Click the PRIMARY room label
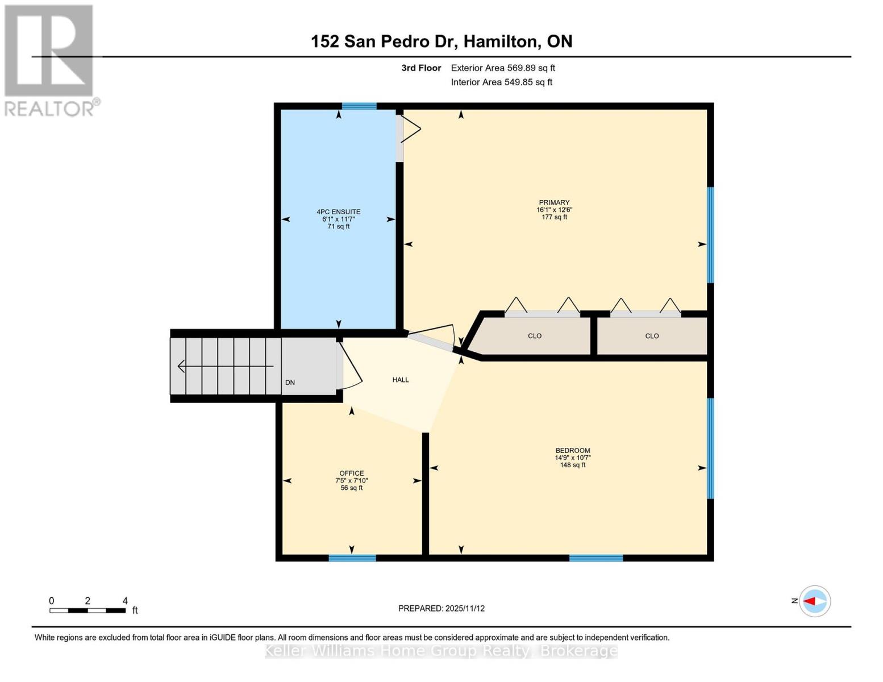(554, 202)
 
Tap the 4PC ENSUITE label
(338, 212)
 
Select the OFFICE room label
(351, 473)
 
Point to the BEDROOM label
(572, 450)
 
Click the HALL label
(401, 380)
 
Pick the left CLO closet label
(534, 336)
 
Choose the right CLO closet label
(652, 336)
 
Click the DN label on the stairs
(290, 382)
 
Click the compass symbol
(815, 601)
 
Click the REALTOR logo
(51, 60)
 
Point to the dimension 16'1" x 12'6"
(554, 210)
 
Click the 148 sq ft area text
(572, 465)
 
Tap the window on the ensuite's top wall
(359, 106)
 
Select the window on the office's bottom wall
(352, 558)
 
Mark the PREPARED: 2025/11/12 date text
(441, 608)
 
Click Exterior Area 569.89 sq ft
(502, 68)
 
